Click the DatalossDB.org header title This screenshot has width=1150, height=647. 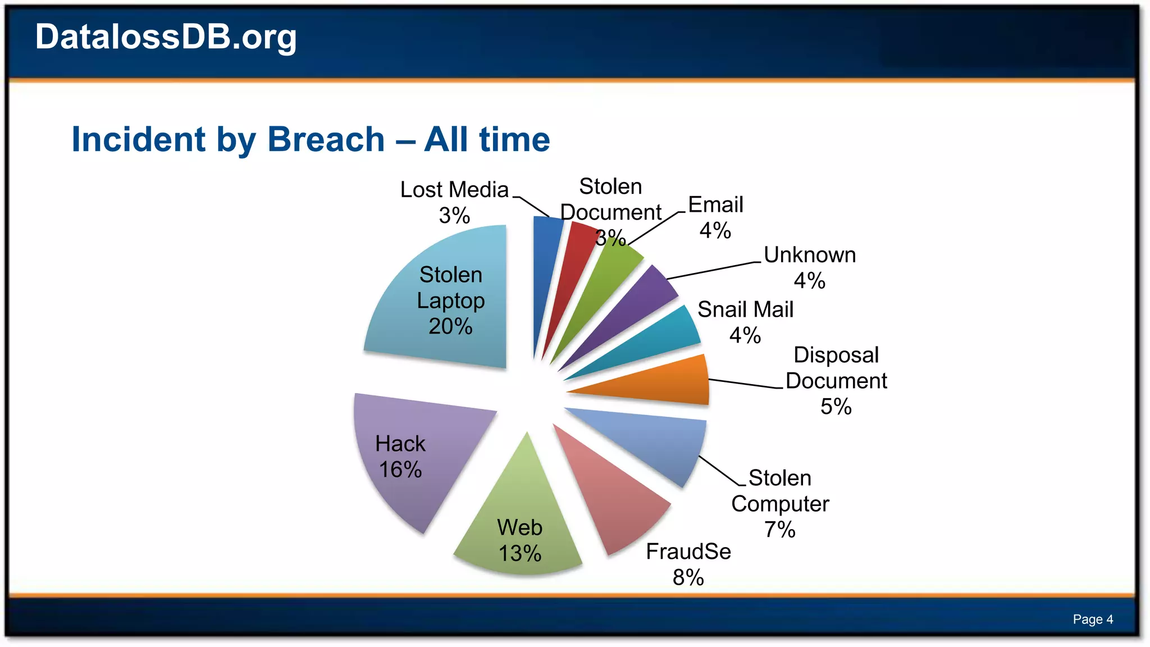coord(166,37)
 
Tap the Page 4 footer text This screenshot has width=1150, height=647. coord(1092,619)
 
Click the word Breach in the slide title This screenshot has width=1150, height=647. coord(326,139)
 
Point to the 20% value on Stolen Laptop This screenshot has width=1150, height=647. coord(450,326)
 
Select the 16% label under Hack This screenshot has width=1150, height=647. coord(400,470)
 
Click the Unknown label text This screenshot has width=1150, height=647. coord(809,255)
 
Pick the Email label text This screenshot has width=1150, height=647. coord(715,205)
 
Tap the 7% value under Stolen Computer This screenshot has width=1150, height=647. coord(779,530)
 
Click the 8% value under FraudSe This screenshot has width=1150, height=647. coord(688,577)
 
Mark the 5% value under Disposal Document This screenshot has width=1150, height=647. coord(836,407)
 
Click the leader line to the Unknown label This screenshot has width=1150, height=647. coord(713,270)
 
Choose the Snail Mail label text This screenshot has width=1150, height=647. coord(745,309)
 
